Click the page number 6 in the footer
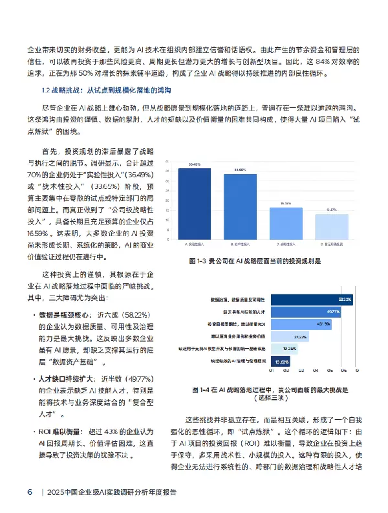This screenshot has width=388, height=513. pyautogui.click(x=30, y=492)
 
